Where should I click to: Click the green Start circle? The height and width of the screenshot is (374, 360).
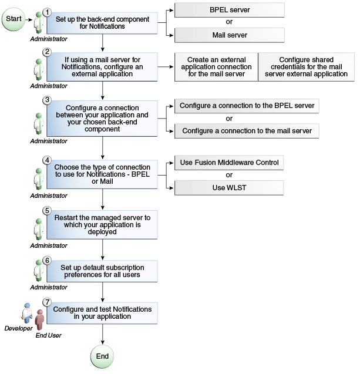pyautogui.click(x=13, y=19)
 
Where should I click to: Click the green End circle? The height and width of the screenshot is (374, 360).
pyautogui.click(x=102, y=356)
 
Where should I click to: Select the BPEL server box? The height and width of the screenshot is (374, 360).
pyautogui.click(x=229, y=10)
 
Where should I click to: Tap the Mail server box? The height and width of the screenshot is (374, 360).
pyautogui.click(x=229, y=35)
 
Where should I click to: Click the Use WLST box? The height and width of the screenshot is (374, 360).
pyautogui.click(x=229, y=187)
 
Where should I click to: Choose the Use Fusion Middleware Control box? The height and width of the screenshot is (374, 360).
pyautogui.click(x=229, y=162)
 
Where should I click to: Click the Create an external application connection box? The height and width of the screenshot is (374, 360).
pyautogui.click(x=216, y=67)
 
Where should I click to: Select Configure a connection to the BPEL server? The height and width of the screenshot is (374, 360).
pyautogui.click(x=247, y=106)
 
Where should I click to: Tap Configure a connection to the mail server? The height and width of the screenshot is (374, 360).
pyautogui.click(x=247, y=131)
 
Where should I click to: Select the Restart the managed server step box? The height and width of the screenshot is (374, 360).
pyautogui.click(x=102, y=224)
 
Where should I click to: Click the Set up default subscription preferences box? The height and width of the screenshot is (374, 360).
pyautogui.click(x=102, y=271)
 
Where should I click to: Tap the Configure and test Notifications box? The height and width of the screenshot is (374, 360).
pyautogui.click(x=102, y=312)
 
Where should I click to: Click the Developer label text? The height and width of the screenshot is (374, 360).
pyautogui.click(x=18, y=328)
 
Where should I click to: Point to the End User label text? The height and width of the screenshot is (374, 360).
pyautogui.click(x=48, y=335)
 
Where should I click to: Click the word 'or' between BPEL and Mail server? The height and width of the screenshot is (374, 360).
pyautogui.click(x=229, y=23)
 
